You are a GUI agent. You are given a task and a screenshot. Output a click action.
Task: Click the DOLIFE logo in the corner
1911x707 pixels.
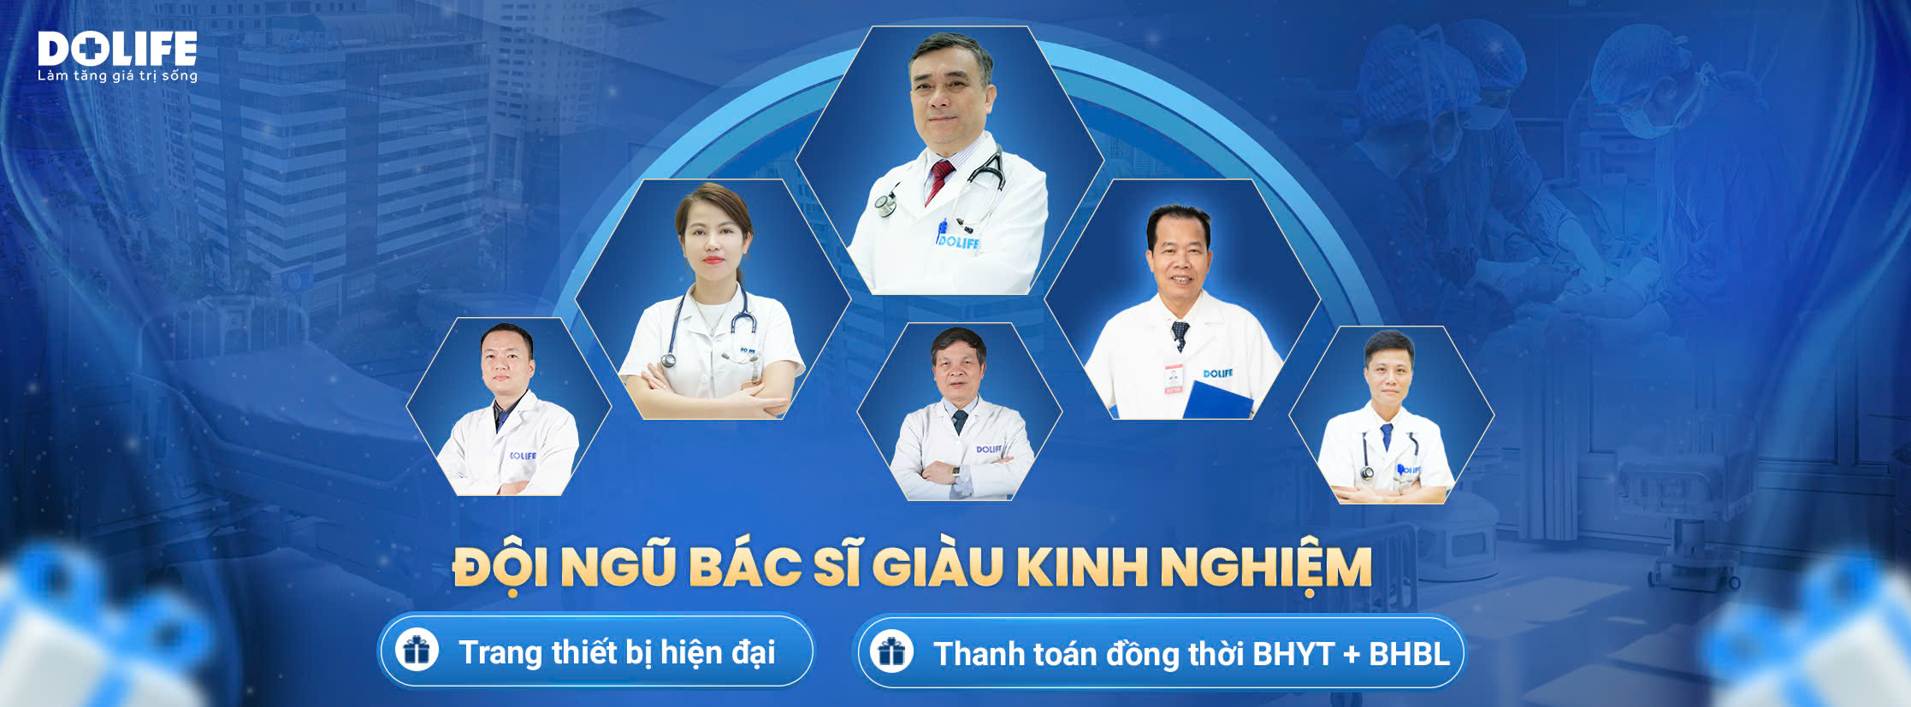click(117, 49)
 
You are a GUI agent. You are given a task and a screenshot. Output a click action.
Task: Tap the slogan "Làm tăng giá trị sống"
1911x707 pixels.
click(117, 76)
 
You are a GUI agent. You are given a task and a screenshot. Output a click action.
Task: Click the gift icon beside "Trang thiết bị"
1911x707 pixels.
click(417, 651)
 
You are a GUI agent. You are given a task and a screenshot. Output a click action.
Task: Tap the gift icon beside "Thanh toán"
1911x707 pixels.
click(891, 652)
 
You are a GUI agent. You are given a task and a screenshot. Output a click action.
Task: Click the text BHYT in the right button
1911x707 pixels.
click(1293, 654)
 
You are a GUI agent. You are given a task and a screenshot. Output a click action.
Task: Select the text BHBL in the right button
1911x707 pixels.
click(1409, 654)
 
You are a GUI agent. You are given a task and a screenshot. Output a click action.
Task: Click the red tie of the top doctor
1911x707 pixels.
click(938, 180)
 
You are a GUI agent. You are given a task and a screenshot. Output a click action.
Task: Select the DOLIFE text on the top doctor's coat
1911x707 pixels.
click(958, 242)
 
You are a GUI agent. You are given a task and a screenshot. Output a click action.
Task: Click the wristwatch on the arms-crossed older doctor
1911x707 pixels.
click(955, 471)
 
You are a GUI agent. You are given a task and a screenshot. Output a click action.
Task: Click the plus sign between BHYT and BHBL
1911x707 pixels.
click(1352, 655)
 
